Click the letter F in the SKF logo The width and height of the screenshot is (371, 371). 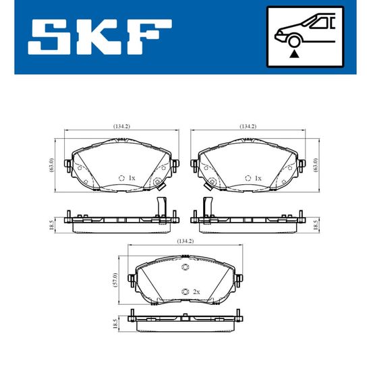point(150,37)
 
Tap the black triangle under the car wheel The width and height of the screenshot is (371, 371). point(294,54)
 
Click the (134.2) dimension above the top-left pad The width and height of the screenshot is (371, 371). point(121,126)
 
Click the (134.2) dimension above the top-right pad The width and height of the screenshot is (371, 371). point(248,126)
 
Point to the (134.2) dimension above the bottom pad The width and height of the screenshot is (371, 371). point(185,241)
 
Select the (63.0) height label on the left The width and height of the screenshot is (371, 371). point(52,165)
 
